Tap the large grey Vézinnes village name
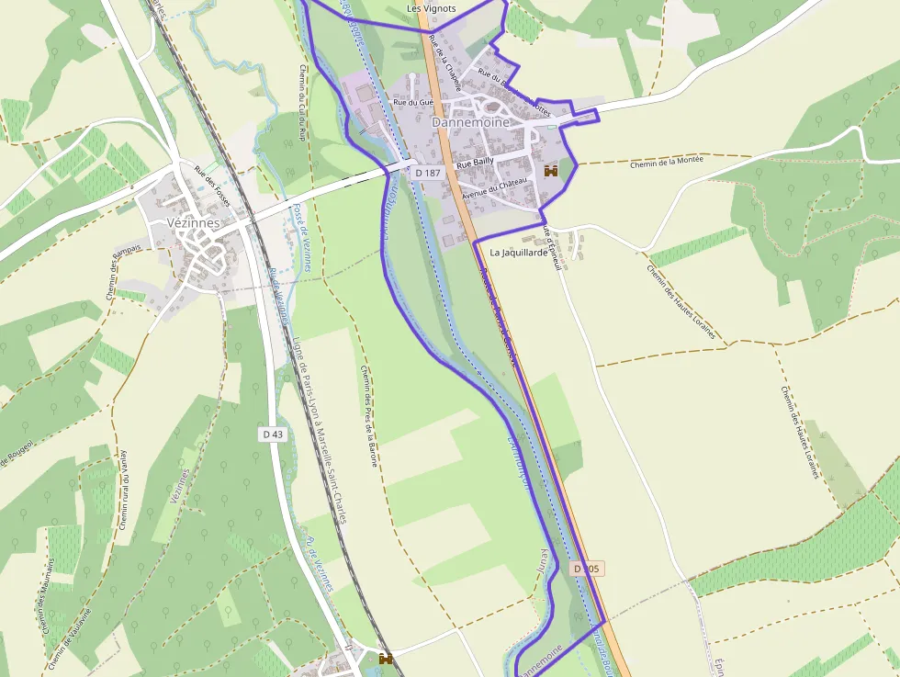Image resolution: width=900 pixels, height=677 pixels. [x=195, y=222]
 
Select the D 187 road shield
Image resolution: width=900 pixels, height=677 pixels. [x=428, y=173]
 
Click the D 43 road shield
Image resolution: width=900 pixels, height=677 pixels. [x=273, y=434]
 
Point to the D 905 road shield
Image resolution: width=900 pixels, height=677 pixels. [x=587, y=570]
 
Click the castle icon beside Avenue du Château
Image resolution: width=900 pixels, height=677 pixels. [x=551, y=171]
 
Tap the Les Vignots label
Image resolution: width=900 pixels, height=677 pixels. [x=431, y=9]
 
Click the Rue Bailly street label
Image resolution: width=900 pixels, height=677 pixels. [x=476, y=162]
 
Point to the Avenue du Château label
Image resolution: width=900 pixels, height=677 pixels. [x=495, y=187]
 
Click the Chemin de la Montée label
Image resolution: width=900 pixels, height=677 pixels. [x=667, y=162]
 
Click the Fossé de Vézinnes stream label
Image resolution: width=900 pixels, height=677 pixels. [x=302, y=237]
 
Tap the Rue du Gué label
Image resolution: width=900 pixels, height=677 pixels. [x=412, y=103]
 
